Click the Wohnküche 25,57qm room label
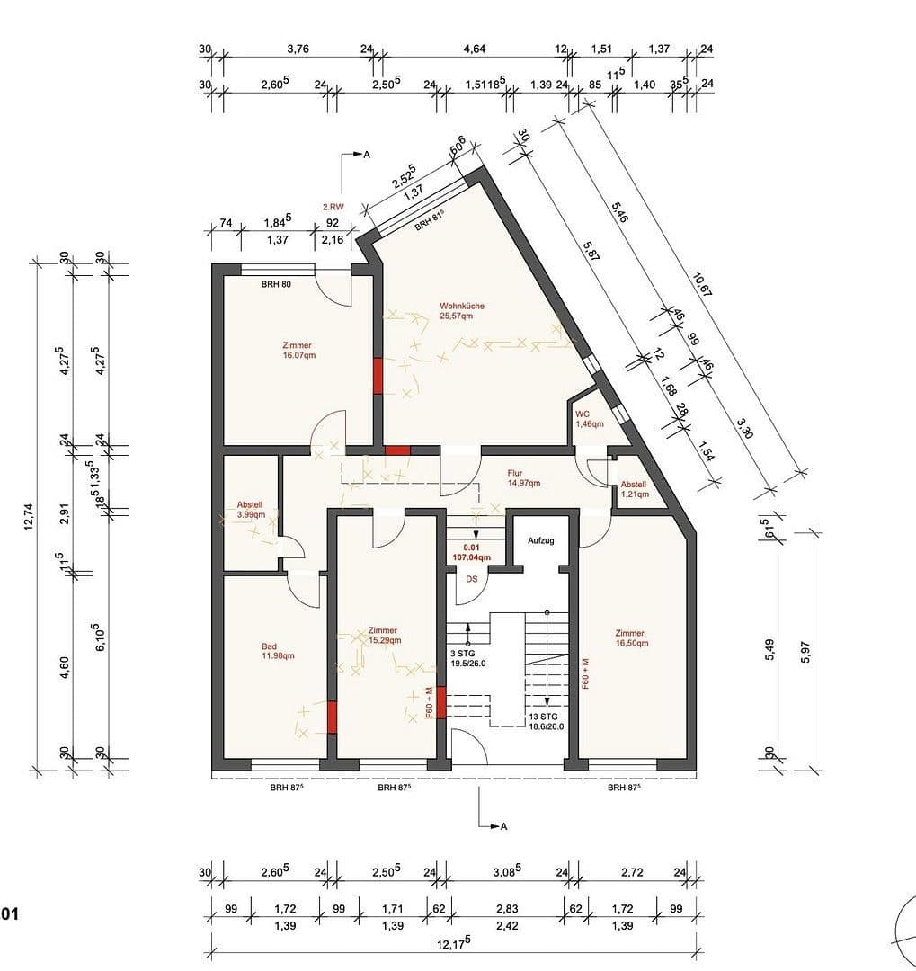coord(462,311)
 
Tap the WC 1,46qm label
coord(589,419)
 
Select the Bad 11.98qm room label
coord(278,651)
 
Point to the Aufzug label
coord(540,541)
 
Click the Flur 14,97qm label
coord(522,477)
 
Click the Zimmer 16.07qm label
coord(297,350)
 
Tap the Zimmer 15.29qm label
coord(383,636)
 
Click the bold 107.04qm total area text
coord(471,557)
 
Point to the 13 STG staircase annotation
coord(546,721)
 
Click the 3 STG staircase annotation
coord(467,658)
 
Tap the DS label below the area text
coord(471,579)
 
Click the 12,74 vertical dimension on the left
coord(30,519)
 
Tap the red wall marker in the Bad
coord(332,717)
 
